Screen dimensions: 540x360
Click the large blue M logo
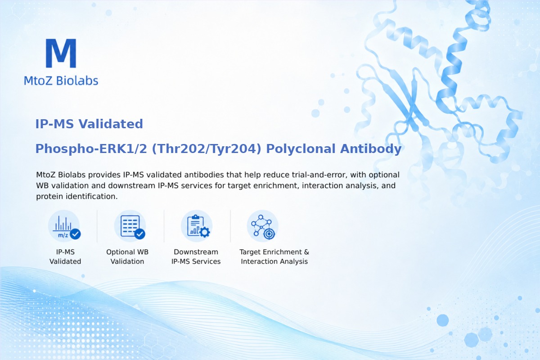pos(61,53)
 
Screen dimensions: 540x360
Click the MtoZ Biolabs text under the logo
pos(61,81)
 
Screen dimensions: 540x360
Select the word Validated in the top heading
pos(111,124)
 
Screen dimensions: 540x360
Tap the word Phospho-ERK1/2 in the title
pos(91,149)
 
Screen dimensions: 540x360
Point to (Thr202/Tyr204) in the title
pos(207,149)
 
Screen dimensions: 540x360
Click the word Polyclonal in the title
pos(301,149)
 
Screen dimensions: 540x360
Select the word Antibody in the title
pos(371,148)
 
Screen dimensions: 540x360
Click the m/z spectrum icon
pos(64,226)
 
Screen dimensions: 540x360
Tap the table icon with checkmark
pos(130,226)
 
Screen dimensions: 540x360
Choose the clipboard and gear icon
pos(197,226)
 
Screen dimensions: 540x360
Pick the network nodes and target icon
pos(263,226)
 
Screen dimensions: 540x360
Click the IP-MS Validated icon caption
pos(65,256)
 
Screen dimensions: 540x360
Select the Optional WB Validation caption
pos(127,256)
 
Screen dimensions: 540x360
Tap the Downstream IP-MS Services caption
pos(196,256)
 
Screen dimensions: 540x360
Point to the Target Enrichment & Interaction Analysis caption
pos(274,256)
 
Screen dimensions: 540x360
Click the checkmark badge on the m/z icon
pos(75,234)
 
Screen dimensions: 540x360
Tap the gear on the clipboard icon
pos(205,232)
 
